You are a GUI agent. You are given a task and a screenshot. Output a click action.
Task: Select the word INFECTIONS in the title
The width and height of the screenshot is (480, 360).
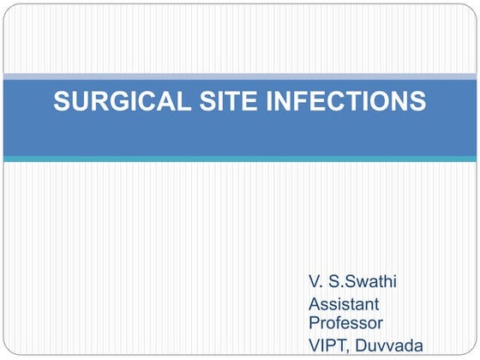pos(343,102)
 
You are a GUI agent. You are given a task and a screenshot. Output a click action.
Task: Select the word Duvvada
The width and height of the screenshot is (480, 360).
pos(390,345)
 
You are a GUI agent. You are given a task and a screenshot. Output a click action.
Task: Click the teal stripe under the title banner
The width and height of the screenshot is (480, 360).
pos(240,159)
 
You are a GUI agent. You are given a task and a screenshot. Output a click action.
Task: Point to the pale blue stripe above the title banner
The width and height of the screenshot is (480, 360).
pos(240,77)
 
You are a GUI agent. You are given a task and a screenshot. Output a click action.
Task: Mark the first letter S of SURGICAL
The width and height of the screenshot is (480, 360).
pos(62,102)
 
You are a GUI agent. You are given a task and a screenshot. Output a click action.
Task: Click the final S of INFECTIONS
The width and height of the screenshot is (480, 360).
pos(417,102)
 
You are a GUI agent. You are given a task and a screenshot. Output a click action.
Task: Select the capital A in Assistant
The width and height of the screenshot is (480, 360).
pos(314,303)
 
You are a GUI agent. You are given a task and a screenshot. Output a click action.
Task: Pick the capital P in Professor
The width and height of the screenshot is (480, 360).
pos(314,322)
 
